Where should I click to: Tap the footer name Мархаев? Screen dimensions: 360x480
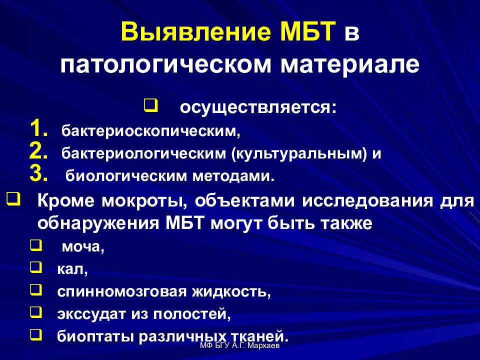pos(265,346)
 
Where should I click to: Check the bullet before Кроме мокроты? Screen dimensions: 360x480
pos(13,200)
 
